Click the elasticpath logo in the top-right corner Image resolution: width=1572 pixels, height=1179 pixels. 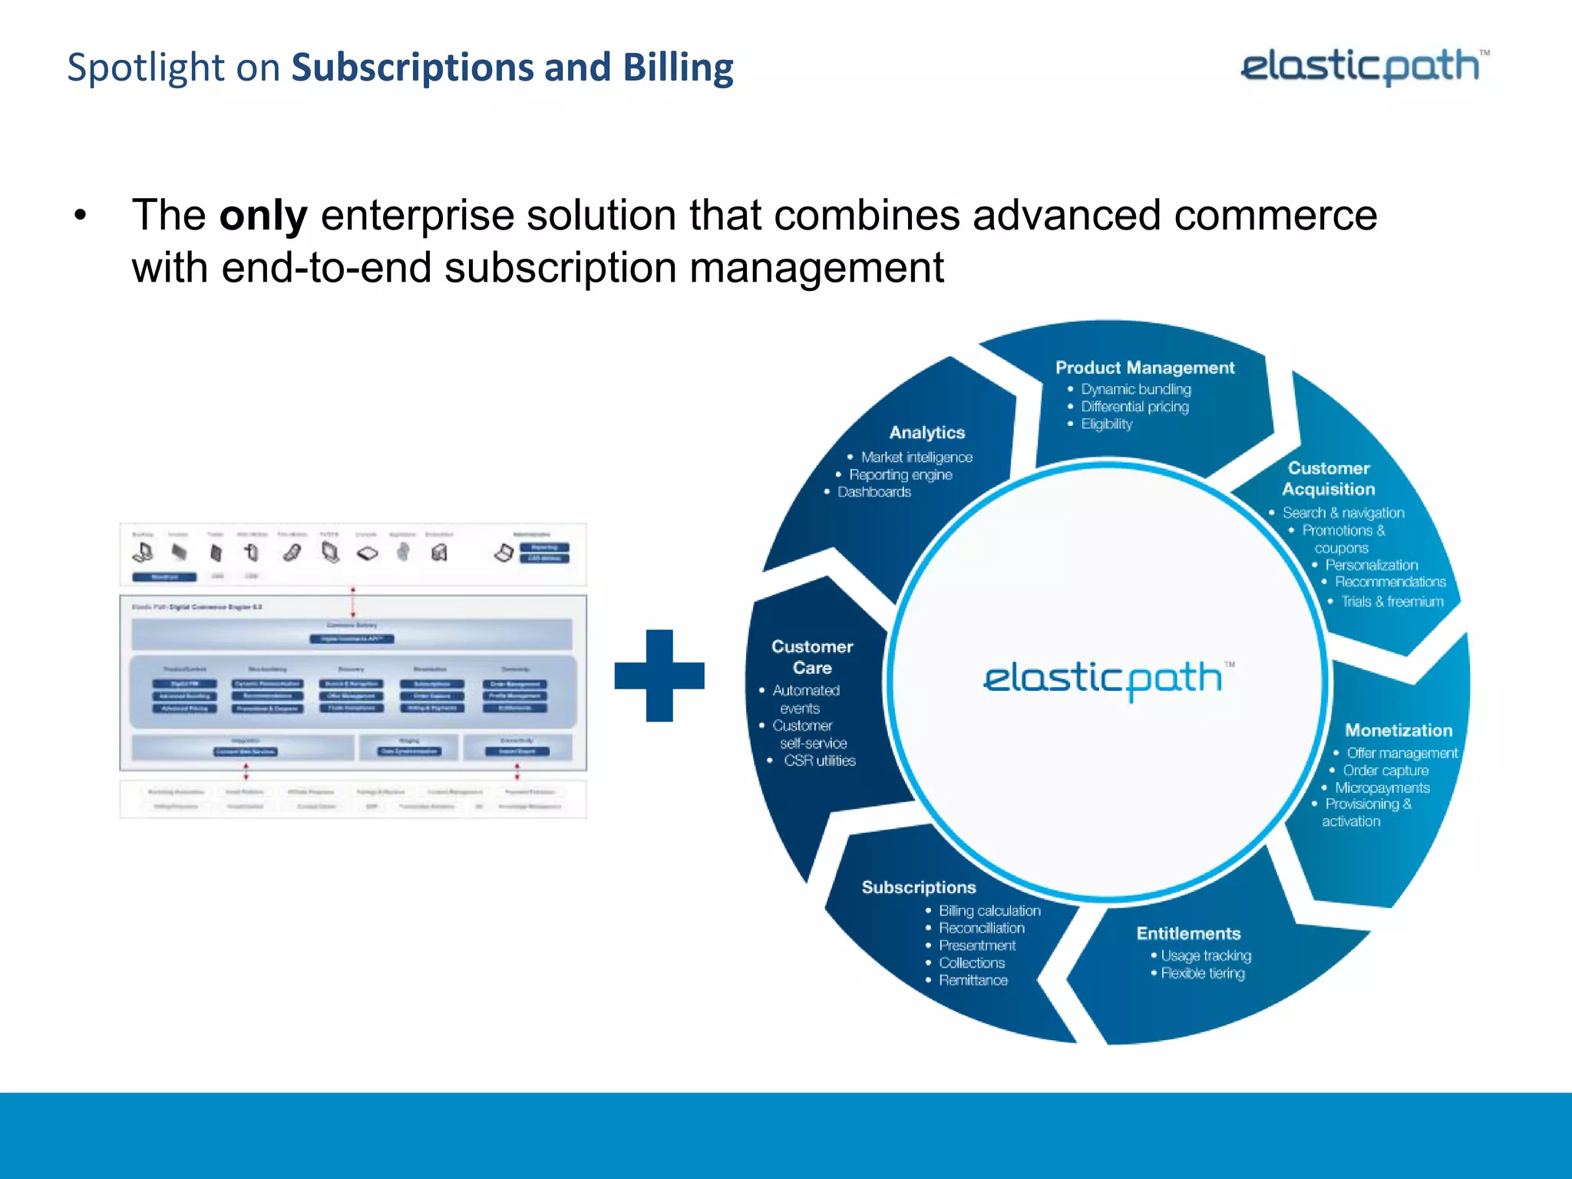pyautogui.click(x=1363, y=67)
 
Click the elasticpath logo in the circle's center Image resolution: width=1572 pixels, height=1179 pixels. pyautogui.click(x=1105, y=679)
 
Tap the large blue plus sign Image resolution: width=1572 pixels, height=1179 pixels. pyautogui.click(x=659, y=675)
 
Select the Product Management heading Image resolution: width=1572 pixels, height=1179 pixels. pyautogui.click(x=1144, y=368)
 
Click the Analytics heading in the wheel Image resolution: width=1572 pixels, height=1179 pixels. pyautogui.click(x=926, y=433)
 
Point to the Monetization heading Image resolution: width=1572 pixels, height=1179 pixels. pyautogui.click(x=1398, y=730)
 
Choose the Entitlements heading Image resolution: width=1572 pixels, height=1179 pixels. pyautogui.click(x=1188, y=933)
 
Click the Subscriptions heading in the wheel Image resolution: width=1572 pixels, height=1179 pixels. pyautogui.click(x=919, y=887)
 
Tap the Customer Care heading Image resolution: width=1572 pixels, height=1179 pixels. pyautogui.click(x=812, y=657)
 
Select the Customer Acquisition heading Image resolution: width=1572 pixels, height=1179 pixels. pyautogui.click(x=1329, y=478)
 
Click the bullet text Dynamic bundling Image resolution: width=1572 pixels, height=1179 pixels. pyautogui.click(x=1135, y=389)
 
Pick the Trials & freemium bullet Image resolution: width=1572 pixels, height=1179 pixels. pyautogui.click(x=1392, y=602)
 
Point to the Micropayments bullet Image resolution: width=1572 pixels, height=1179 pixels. pyautogui.click(x=1382, y=788)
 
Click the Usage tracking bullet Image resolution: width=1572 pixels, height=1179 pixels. pyautogui.click(x=1205, y=956)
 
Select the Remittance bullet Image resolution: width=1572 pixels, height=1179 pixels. pyautogui.click(x=973, y=980)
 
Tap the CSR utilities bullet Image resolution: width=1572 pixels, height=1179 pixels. pyautogui.click(x=819, y=761)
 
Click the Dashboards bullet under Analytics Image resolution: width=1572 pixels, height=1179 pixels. pyautogui.click(x=874, y=492)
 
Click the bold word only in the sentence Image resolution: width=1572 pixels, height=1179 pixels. pyautogui.click(x=263, y=215)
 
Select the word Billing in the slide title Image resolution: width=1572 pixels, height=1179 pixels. pyautogui.click(x=678, y=68)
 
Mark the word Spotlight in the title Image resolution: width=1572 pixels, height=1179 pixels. pyautogui.click(x=146, y=68)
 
